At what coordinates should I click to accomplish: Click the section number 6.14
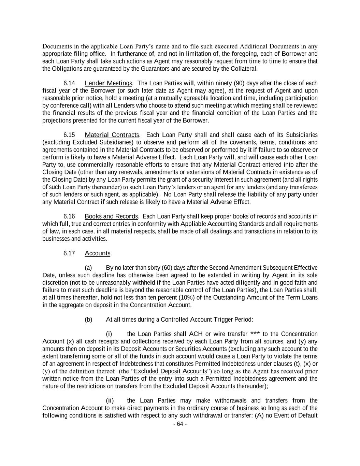click(x=69, y=83)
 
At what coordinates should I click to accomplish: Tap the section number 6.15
click(x=69, y=135)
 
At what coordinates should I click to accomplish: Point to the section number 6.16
click(x=69, y=216)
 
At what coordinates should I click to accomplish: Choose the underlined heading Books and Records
click(x=111, y=216)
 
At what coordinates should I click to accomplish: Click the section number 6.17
click(x=69, y=253)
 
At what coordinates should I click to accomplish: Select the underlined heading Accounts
click(x=98, y=253)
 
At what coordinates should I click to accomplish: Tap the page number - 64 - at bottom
click(x=180, y=424)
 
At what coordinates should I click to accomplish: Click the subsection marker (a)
click(x=88, y=268)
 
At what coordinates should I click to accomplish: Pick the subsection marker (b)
click(x=88, y=320)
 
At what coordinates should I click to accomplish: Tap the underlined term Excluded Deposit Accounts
click(x=171, y=371)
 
